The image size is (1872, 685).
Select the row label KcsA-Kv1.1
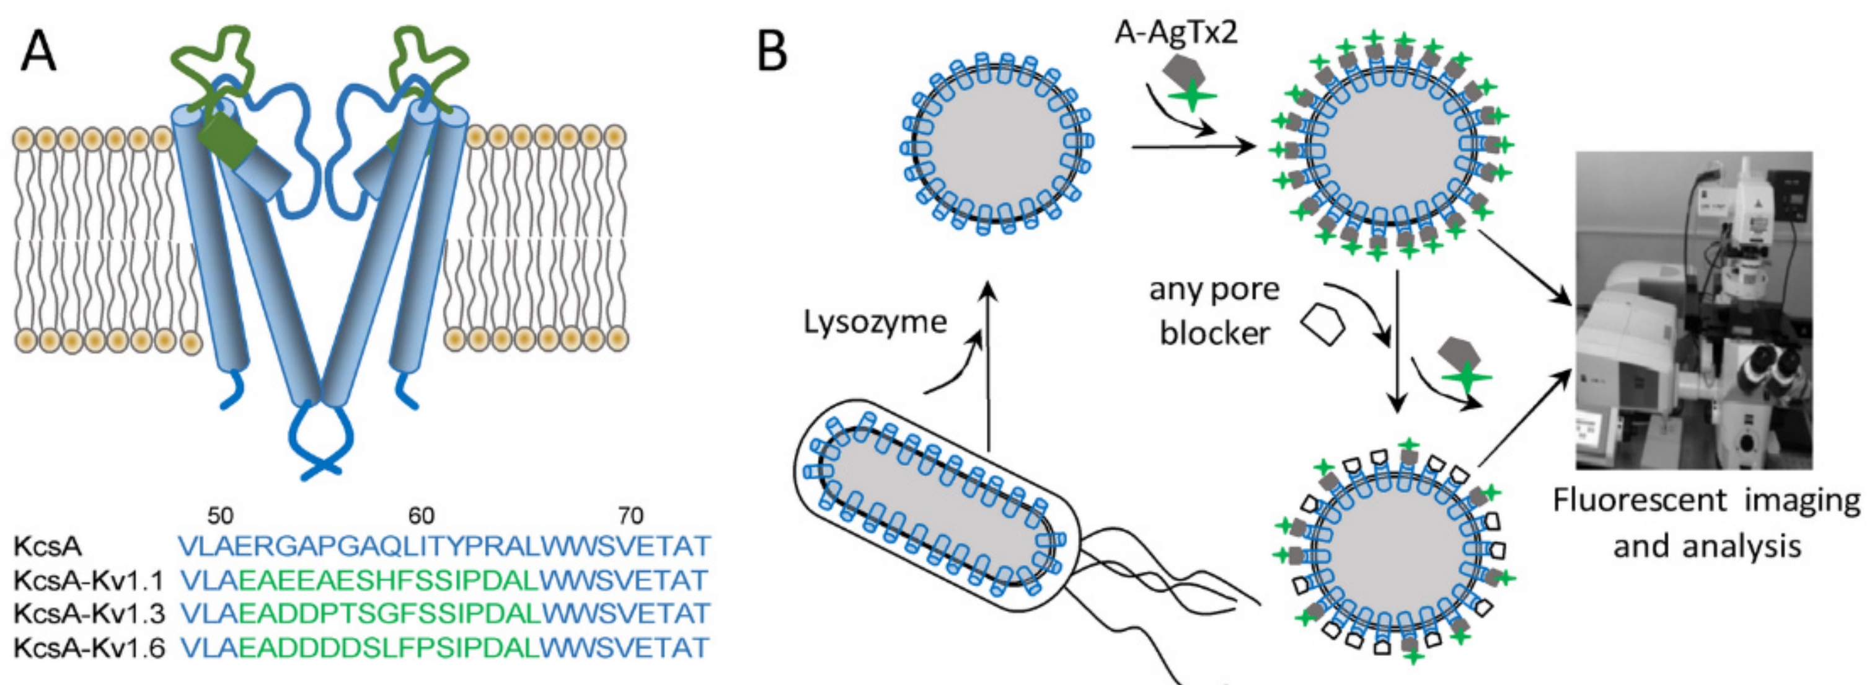pos(88,581)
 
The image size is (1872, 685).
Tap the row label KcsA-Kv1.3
pos(89,614)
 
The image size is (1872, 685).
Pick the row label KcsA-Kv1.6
pos(89,647)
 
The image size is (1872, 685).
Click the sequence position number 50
pos(220,516)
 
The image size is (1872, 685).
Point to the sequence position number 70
pos(630,516)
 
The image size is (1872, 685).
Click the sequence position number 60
pos(421,516)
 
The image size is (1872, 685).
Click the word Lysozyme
pos(875,321)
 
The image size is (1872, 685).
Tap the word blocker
pos(1214,333)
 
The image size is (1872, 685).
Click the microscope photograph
pos(1693,309)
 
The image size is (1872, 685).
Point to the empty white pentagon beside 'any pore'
pos(1323,325)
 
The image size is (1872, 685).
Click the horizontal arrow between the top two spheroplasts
pos(1192,148)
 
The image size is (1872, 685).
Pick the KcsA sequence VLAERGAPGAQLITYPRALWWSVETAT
pos(444,547)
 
